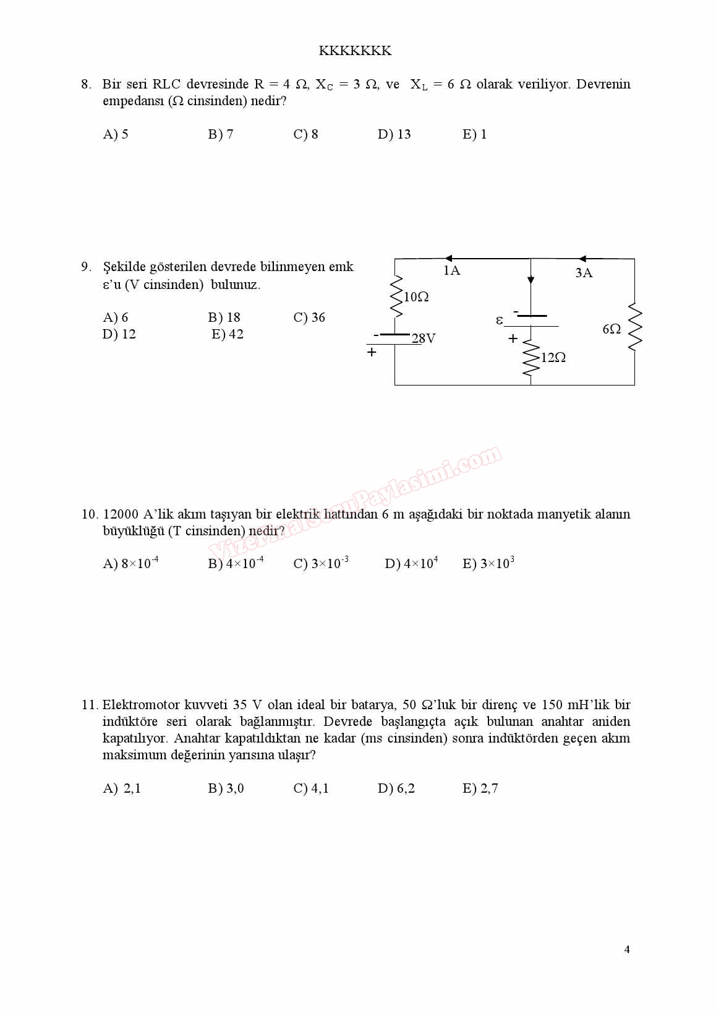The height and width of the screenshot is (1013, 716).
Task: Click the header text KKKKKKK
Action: tap(355, 51)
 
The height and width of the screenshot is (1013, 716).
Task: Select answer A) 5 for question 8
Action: tap(116, 134)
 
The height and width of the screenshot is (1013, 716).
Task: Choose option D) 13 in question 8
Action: tap(394, 134)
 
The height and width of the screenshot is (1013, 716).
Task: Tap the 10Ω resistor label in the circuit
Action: tap(416, 297)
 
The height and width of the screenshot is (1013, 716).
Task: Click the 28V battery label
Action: tap(424, 338)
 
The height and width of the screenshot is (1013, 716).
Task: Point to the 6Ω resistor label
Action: tap(612, 329)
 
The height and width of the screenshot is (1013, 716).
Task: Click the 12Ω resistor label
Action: tap(553, 358)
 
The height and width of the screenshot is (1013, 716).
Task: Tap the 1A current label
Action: tap(452, 270)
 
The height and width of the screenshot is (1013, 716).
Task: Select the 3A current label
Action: tap(584, 273)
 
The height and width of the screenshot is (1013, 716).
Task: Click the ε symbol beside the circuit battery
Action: tap(500, 320)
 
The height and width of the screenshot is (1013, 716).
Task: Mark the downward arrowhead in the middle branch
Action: tap(531, 280)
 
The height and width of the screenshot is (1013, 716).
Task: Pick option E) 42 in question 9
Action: tap(228, 334)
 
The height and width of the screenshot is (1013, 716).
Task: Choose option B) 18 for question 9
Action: tap(224, 317)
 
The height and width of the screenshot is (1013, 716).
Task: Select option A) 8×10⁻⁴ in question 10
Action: tap(130, 563)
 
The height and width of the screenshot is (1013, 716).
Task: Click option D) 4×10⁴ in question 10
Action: tap(411, 563)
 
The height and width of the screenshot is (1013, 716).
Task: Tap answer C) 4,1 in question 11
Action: tap(311, 788)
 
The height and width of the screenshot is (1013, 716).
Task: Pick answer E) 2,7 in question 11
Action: tap(480, 788)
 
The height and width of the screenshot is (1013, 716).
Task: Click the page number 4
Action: tap(627, 950)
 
